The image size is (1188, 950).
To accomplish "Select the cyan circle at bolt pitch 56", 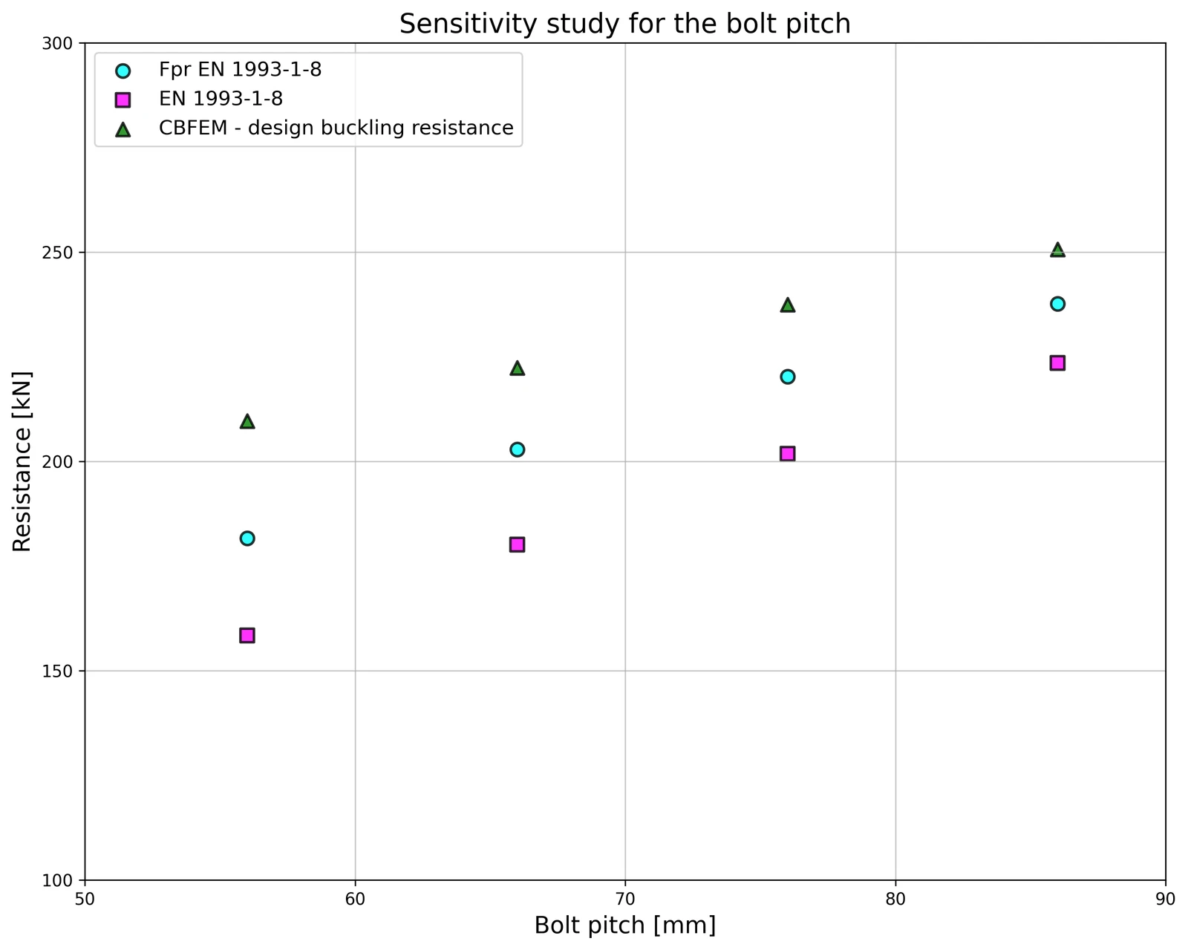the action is (x=247, y=539).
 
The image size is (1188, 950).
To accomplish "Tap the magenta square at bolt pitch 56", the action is (x=247, y=635).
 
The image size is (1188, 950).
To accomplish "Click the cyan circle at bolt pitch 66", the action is (x=518, y=449).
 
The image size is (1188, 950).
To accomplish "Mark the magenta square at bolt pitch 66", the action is (x=518, y=544).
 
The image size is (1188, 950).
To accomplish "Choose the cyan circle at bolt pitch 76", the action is (x=788, y=377).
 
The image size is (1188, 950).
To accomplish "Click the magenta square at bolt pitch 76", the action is (x=788, y=453).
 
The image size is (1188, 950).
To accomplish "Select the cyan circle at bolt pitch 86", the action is (x=1058, y=304).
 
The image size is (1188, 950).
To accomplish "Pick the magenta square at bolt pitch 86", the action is (x=1058, y=363).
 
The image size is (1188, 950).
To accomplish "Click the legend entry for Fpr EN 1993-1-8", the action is (x=240, y=70).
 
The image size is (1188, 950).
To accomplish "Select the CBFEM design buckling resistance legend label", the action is (x=336, y=128).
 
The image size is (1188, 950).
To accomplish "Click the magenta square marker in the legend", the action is (x=123, y=100).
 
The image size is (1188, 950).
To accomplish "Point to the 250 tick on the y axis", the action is (x=57, y=253).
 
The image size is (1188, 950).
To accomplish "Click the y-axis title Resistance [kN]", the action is (x=22, y=462).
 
